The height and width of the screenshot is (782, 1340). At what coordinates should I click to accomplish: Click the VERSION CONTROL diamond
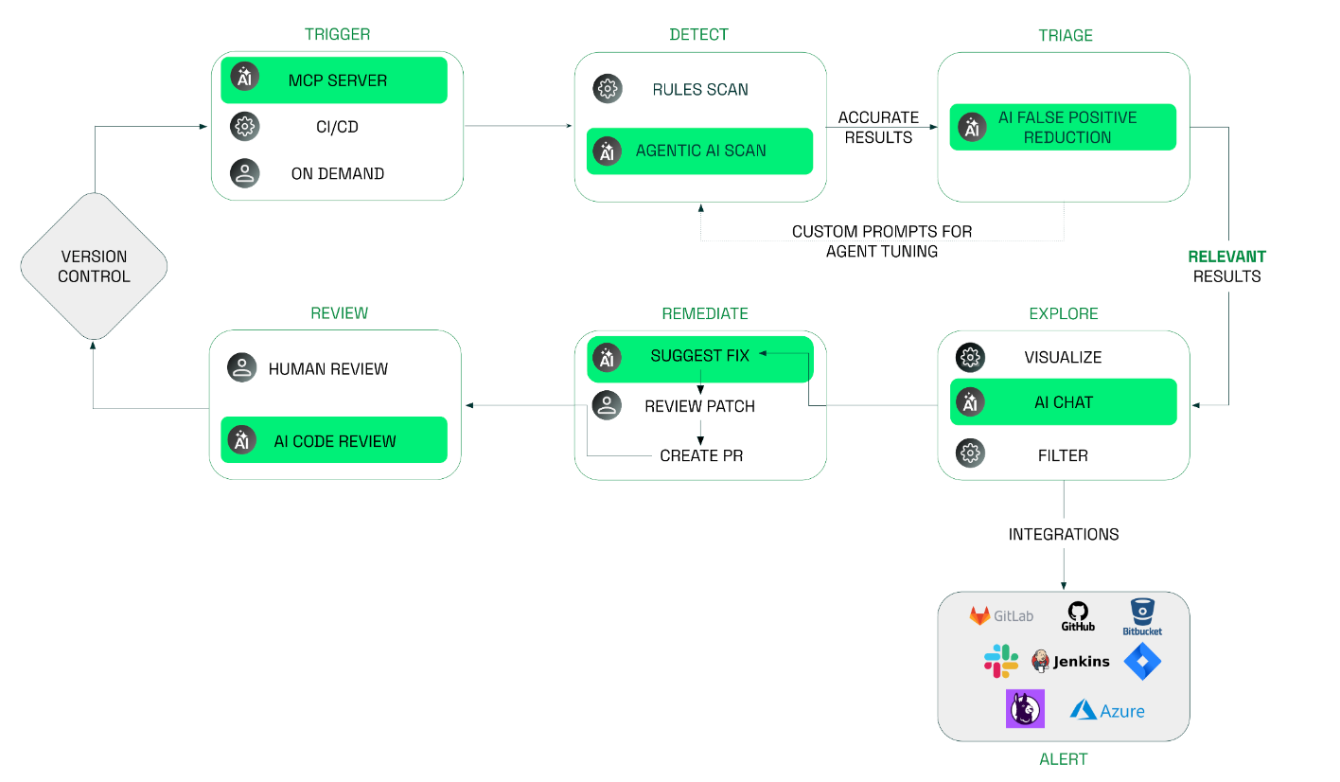(94, 266)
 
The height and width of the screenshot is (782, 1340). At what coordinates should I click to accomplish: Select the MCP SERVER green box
(334, 80)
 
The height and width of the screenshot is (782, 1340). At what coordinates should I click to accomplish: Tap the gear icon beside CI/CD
(245, 126)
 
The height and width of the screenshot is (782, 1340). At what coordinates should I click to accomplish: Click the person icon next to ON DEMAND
(245, 173)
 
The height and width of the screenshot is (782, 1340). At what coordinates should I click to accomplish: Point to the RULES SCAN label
(700, 90)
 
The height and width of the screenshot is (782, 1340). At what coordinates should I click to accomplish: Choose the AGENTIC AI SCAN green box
(699, 151)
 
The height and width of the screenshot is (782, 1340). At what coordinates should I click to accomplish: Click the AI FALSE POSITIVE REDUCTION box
(1063, 127)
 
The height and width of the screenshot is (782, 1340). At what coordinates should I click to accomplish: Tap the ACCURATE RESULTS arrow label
(878, 127)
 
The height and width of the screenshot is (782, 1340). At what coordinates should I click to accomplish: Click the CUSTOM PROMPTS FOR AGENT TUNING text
(881, 241)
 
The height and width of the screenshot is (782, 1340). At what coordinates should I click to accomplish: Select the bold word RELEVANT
(1226, 257)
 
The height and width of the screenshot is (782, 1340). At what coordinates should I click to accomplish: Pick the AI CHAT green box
(1063, 402)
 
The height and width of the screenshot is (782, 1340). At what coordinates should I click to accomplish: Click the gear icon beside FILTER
(970, 454)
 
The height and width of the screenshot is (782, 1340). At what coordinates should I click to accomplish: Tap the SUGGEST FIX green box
(699, 357)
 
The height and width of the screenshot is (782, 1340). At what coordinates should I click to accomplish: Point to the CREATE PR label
(701, 455)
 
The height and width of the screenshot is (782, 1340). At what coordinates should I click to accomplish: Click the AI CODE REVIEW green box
(334, 440)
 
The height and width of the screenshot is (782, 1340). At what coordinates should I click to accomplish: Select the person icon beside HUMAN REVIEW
(242, 368)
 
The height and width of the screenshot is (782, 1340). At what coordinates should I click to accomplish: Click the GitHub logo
(1078, 616)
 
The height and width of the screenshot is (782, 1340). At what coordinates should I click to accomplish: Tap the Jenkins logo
(1070, 661)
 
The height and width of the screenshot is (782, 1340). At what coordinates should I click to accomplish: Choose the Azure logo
(1107, 710)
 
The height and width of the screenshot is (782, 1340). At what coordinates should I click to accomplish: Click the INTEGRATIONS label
(1063, 535)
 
